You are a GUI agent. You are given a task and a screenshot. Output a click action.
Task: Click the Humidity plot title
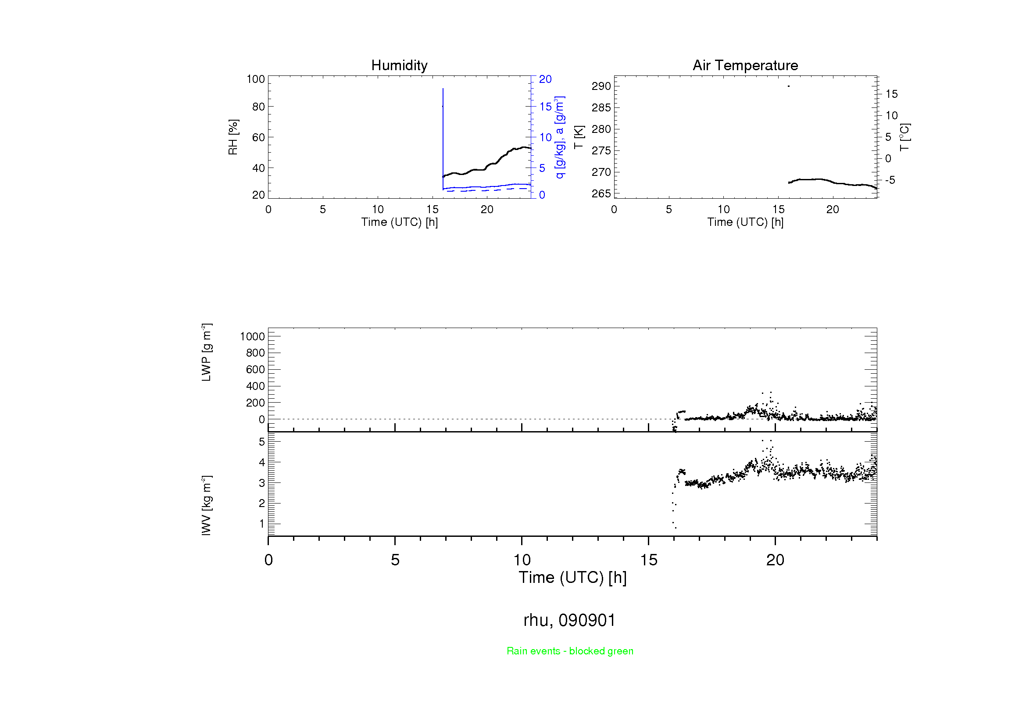399,66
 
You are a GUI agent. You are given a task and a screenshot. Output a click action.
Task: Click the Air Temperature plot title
745,66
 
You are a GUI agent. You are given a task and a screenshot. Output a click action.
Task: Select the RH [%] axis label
233,137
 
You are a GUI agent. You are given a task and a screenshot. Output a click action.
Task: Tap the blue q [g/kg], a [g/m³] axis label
559,137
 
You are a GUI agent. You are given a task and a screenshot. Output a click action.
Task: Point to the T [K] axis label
579,137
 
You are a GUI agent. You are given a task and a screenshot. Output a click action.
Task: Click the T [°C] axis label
904,137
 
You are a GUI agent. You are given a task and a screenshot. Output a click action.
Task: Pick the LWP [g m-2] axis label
206,353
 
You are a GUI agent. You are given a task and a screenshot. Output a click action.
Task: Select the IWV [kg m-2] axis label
206,505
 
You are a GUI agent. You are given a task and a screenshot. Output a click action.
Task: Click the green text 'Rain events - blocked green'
570,651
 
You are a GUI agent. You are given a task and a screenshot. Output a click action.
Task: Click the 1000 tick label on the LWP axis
252,336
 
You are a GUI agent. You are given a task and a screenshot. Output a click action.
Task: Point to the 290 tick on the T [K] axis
601,86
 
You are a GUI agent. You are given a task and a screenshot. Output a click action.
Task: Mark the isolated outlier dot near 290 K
789,86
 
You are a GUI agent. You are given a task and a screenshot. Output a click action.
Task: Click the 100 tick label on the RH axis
256,79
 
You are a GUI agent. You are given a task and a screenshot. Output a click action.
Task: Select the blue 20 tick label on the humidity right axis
545,79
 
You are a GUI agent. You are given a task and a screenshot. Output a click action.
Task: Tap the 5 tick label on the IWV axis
261,442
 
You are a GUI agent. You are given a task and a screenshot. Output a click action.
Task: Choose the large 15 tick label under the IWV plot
648,560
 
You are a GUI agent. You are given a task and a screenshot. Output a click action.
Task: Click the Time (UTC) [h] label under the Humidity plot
399,222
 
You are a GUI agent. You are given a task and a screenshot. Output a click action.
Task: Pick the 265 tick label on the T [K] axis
601,193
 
